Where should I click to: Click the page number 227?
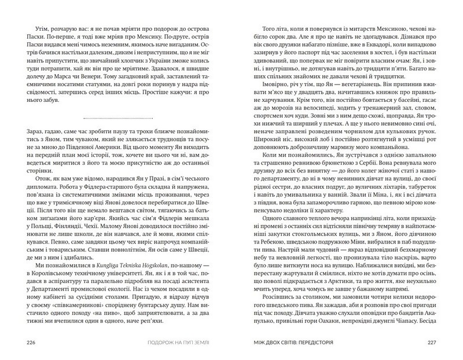click(x=436, y=341)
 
